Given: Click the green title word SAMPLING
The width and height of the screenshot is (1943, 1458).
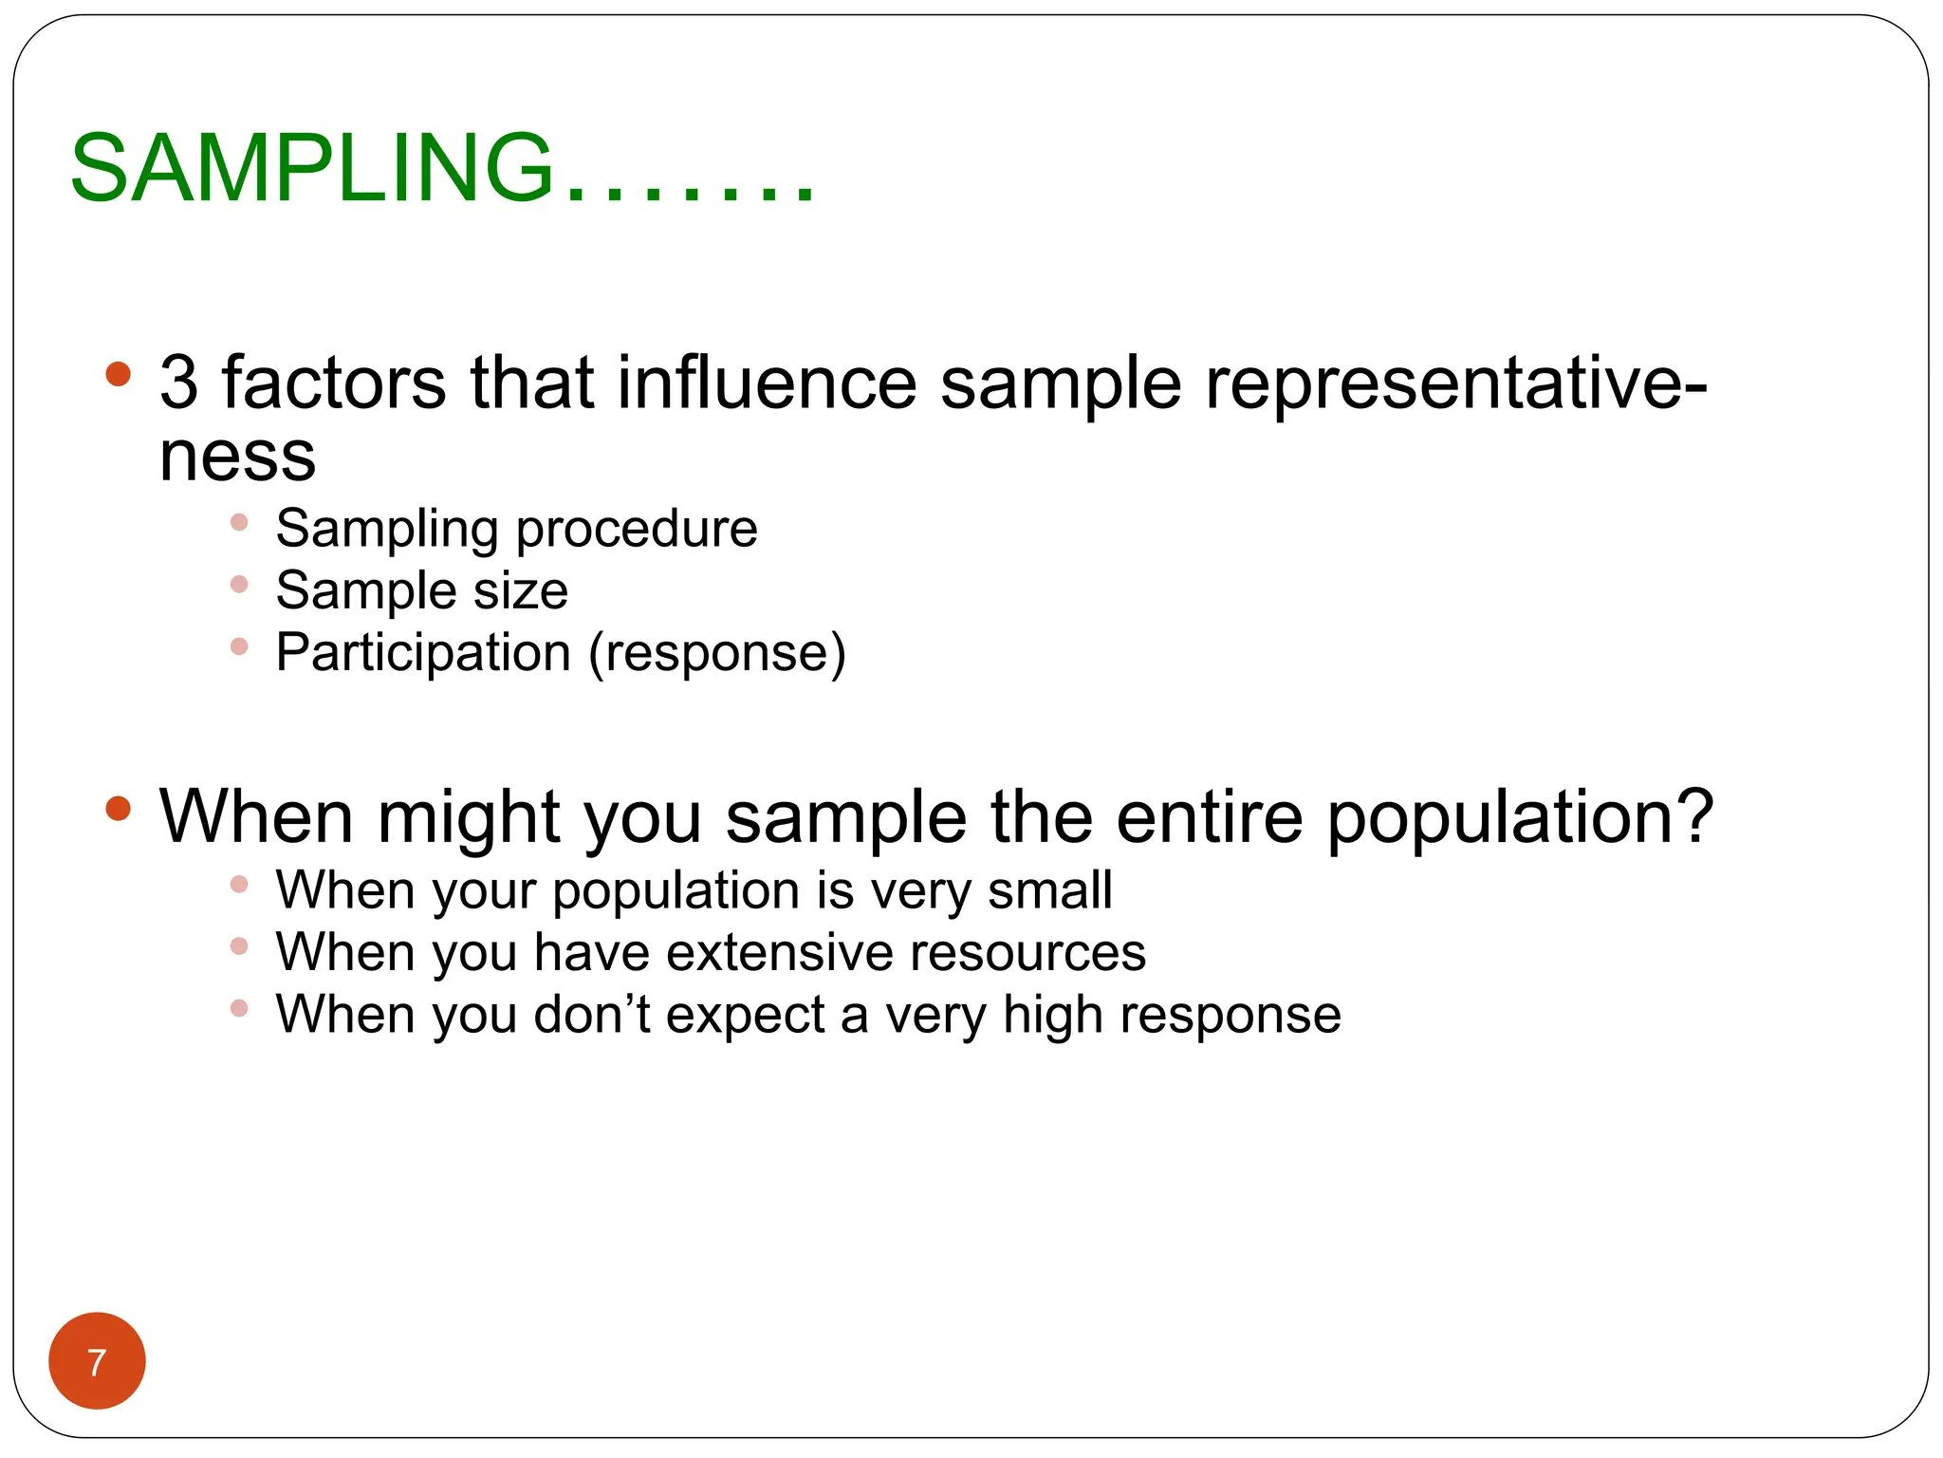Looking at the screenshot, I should [311, 169].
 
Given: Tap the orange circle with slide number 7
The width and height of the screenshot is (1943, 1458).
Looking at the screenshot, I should [97, 1361].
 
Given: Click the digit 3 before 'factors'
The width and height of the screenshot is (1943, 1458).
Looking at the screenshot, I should [179, 383].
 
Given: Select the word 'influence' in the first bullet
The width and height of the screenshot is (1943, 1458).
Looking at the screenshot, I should [767, 383].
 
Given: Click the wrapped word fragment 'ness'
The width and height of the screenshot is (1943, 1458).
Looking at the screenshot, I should [237, 458].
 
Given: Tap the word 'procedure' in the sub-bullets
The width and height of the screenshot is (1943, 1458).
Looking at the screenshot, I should [636, 530].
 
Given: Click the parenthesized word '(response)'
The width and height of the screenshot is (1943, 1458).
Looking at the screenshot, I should [716, 653].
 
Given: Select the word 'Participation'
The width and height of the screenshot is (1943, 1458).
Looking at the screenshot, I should [423, 653].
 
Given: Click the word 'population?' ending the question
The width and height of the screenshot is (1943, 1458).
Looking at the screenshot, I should [1519, 817].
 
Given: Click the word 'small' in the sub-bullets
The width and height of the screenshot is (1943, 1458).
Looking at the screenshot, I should [1049, 890].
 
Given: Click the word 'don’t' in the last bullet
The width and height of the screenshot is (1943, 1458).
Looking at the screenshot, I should [592, 1014].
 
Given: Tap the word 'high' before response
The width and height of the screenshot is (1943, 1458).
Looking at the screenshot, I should [1053, 1016].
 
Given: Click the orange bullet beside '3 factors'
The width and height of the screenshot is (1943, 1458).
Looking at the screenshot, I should [118, 373].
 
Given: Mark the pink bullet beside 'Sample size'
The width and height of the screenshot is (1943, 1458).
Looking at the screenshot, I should [239, 585].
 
